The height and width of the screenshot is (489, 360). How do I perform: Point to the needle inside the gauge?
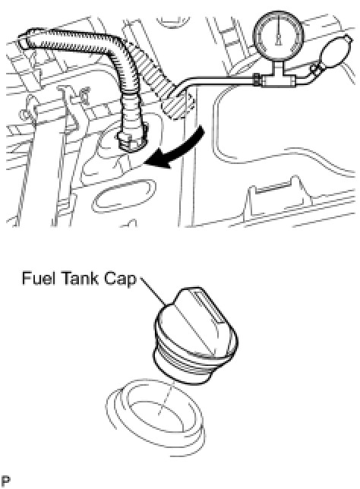click(279, 31)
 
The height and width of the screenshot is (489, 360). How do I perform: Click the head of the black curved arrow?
click(156, 161)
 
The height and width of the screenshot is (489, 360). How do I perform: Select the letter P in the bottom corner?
click(5, 481)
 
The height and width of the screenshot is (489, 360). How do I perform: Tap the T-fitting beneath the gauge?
click(278, 80)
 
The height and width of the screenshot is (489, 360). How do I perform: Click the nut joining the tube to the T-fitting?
click(257, 80)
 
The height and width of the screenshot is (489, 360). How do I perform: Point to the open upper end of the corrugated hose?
click(24, 40)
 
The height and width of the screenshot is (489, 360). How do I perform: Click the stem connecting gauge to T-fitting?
click(278, 67)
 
